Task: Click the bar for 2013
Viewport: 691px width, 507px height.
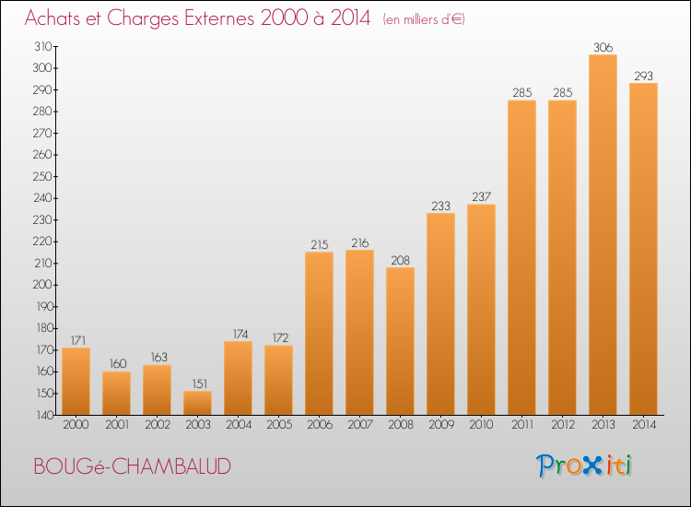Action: pyautogui.click(x=603, y=235)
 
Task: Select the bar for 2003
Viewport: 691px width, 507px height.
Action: pyautogui.click(x=197, y=403)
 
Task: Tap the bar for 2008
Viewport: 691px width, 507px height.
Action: pyautogui.click(x=400, y=341)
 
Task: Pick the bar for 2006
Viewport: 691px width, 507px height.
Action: pyautogui.click(x=319, y=334)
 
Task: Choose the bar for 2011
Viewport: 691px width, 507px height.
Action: pyautogui.click(x=521, y=257)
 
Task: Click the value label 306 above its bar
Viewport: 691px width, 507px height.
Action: pyautogui.click(x=603, y=48)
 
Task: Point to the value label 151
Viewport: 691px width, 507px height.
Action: pyautogui.click(x=197, y=383)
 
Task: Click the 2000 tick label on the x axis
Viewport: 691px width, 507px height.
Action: pyautogui.click(x=76, y=425)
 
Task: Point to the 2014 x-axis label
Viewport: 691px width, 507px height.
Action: pyautogui.click(x=643, y=425)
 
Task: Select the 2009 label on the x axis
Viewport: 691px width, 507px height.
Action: pyautogui.click(x=440, y=425)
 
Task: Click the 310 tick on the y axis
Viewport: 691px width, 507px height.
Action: pyautogui.click(x=42, y=46)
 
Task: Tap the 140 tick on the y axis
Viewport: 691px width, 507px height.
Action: pyautogui.click(x=42, y=415)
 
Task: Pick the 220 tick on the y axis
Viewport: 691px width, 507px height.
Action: pyautogui.click(x=42, y=242)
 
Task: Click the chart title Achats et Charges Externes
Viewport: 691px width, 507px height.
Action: pyautogui.click(x=197, y=18)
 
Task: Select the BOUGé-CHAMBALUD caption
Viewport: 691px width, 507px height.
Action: pyautogui.click(x=132, y=466)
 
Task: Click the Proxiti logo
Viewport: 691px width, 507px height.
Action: pyautogui.click(x=585, y=466)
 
